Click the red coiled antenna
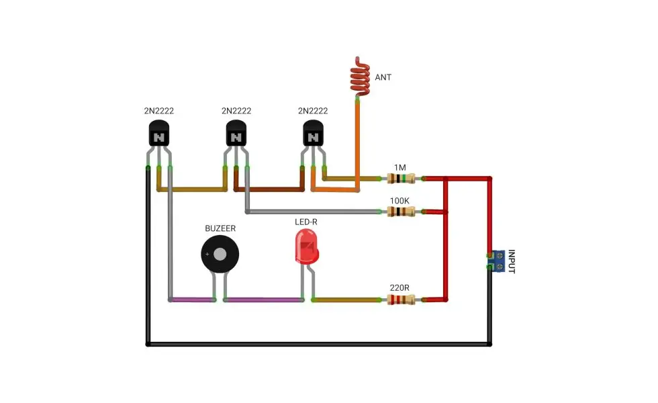[x=360, y=76]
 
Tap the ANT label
[x=383, y=77]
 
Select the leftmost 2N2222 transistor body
[x=159, y=133]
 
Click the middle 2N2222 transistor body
[x=236, y=133]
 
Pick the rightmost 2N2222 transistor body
[x=313, y=133]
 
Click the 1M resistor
[x=402, y=179]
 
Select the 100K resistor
[x=402, y=212]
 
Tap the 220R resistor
[x=402, y=300]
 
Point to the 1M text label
[x=400, y=167]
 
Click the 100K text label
[x=399, y=201]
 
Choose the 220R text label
[x=399, y=288]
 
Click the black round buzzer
[x=220, y=254]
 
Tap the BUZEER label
[x=220, y=228]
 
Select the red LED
[x=307, y=247]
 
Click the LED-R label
[x=306, y=222]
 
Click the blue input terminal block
[x=498, y=261]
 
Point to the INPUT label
[x=512, y=261]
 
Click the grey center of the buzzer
[x=220, y=254]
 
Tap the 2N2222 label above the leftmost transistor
[x=159, y=111]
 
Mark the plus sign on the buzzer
[x=207, y=254]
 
